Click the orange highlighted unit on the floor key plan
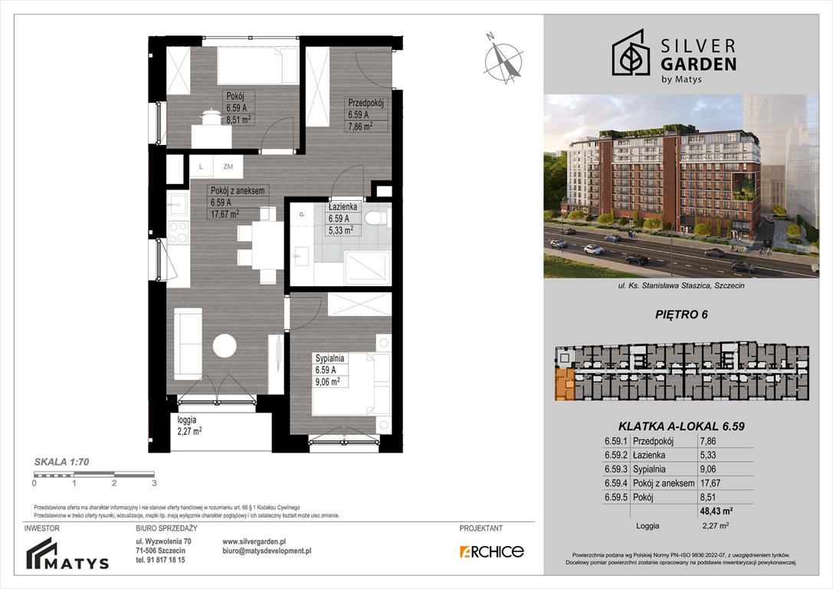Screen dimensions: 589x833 (565, 383)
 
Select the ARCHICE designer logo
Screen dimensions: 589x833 (491, 551)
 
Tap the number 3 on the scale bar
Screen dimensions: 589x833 (154, 484)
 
